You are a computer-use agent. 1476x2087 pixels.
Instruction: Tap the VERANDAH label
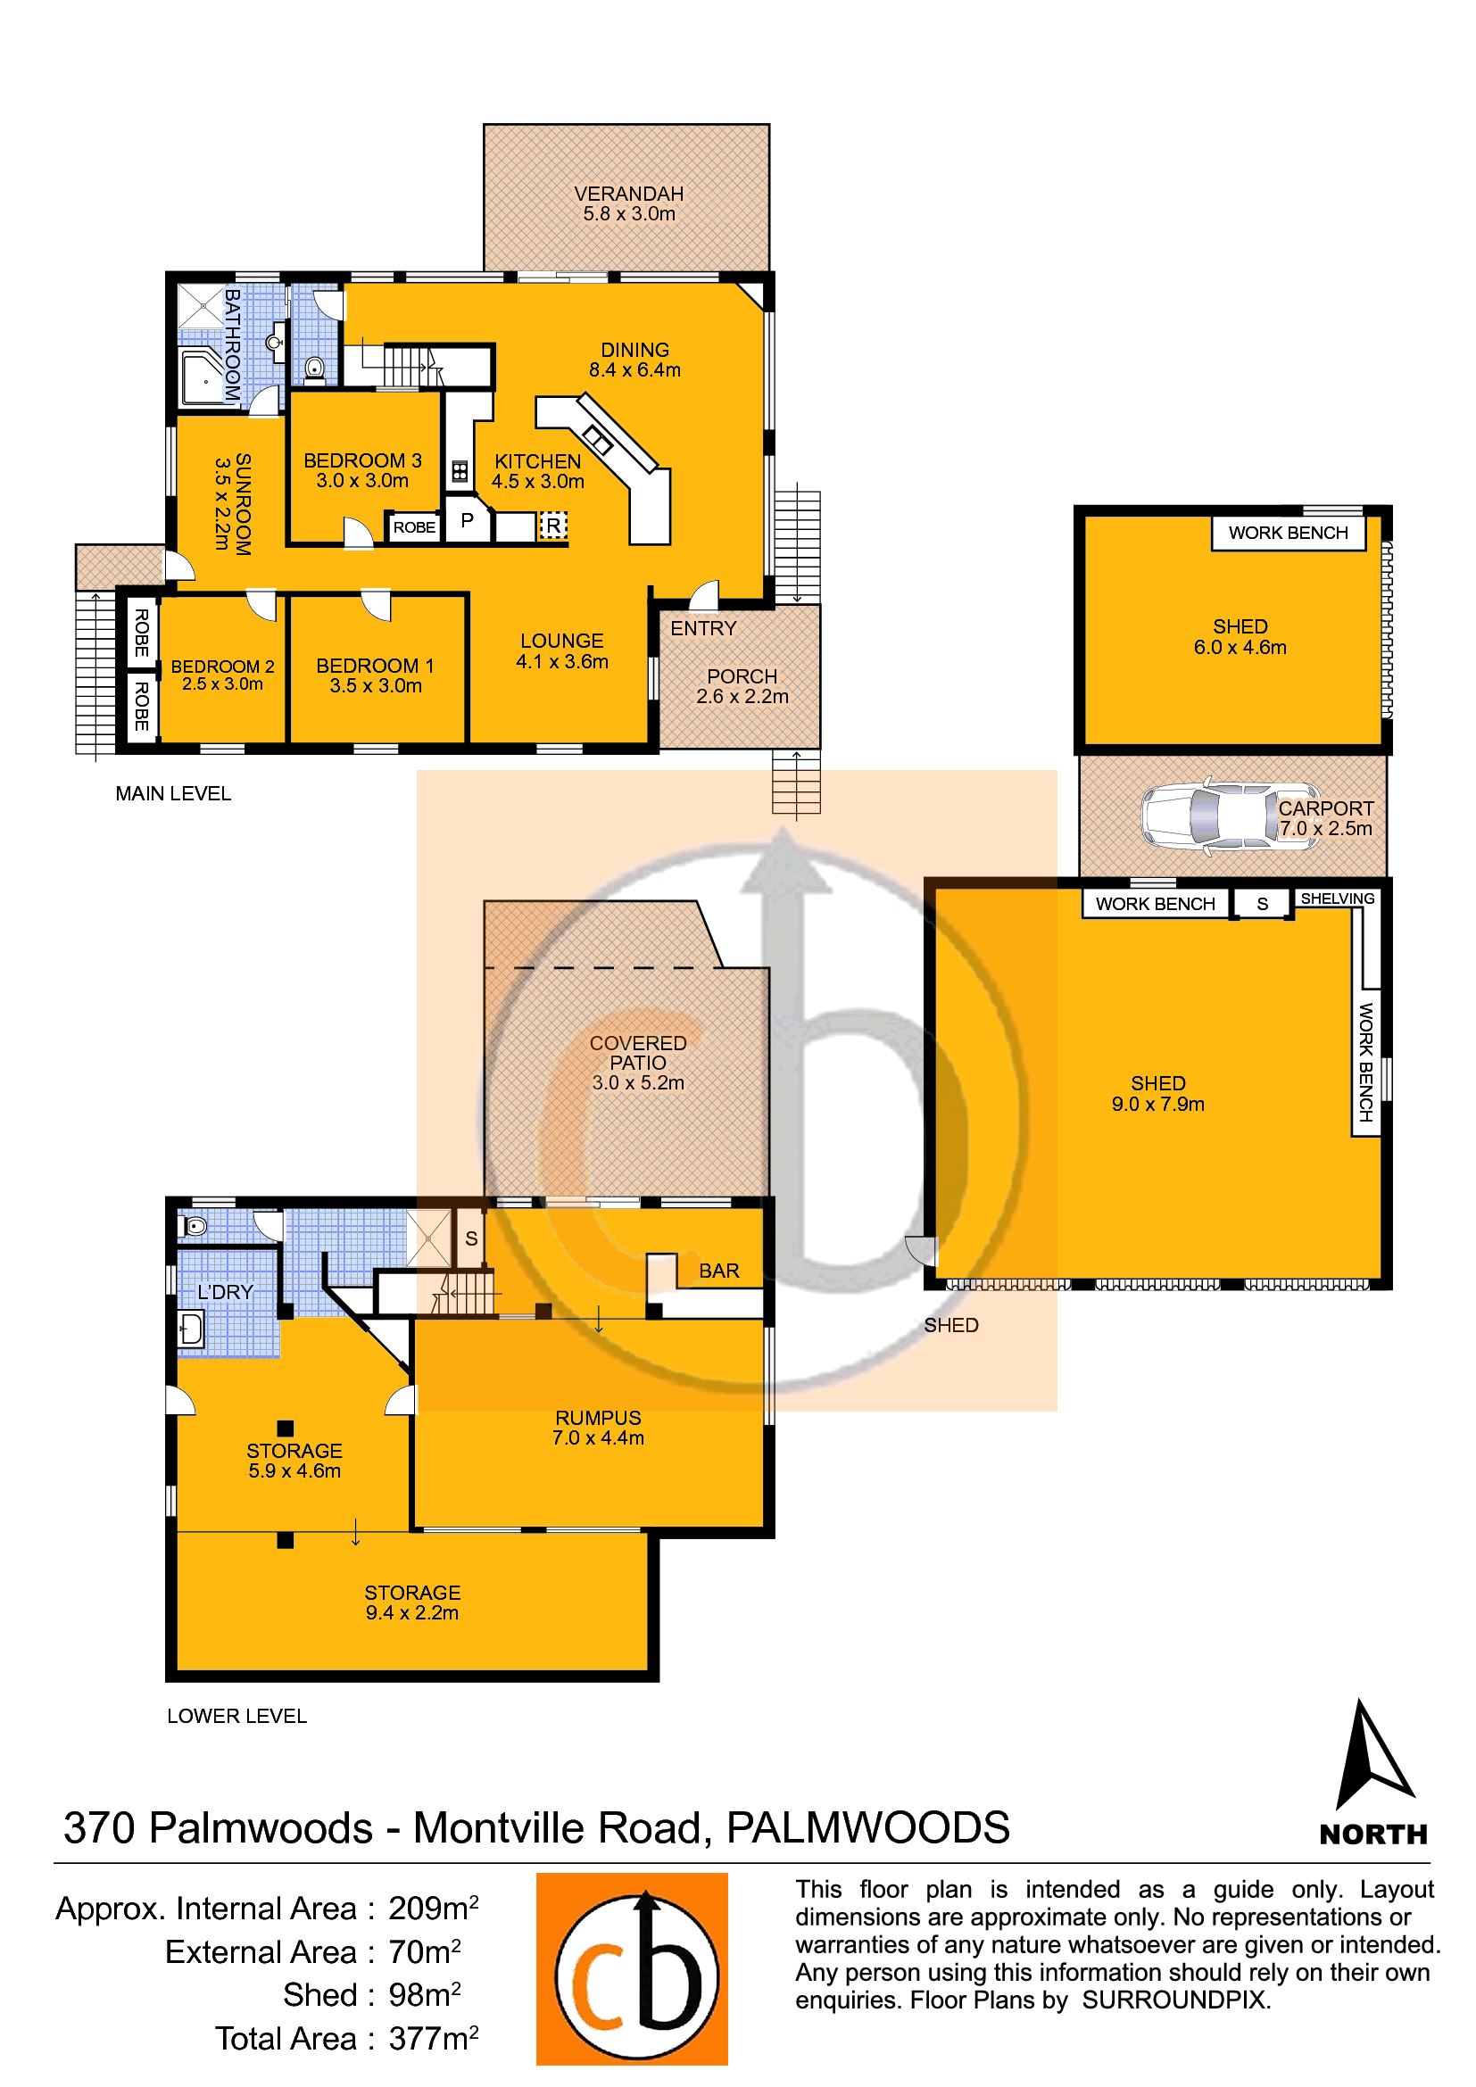629,194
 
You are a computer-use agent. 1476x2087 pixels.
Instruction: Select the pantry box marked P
467,521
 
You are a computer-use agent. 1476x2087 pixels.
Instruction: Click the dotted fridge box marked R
552,526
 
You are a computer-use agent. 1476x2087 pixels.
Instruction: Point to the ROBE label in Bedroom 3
414,527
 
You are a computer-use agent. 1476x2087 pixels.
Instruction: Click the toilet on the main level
314,369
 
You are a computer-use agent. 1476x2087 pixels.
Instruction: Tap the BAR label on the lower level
719,1271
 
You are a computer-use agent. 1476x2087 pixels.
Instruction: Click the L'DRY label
226,1292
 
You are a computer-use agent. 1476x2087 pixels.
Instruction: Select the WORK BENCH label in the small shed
1288,533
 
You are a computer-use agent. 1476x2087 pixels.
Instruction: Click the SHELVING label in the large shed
1337,899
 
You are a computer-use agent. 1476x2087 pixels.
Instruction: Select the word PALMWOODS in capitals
868,1827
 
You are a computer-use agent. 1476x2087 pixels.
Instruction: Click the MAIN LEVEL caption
174,793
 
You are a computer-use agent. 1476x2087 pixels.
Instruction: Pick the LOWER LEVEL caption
237,1716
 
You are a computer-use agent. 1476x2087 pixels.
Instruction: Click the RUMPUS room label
598,1418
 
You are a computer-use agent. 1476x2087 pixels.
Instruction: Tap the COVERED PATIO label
638,1053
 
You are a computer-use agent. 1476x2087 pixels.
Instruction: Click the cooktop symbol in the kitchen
460,472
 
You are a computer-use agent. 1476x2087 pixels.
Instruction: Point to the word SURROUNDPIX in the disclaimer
1175,2000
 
